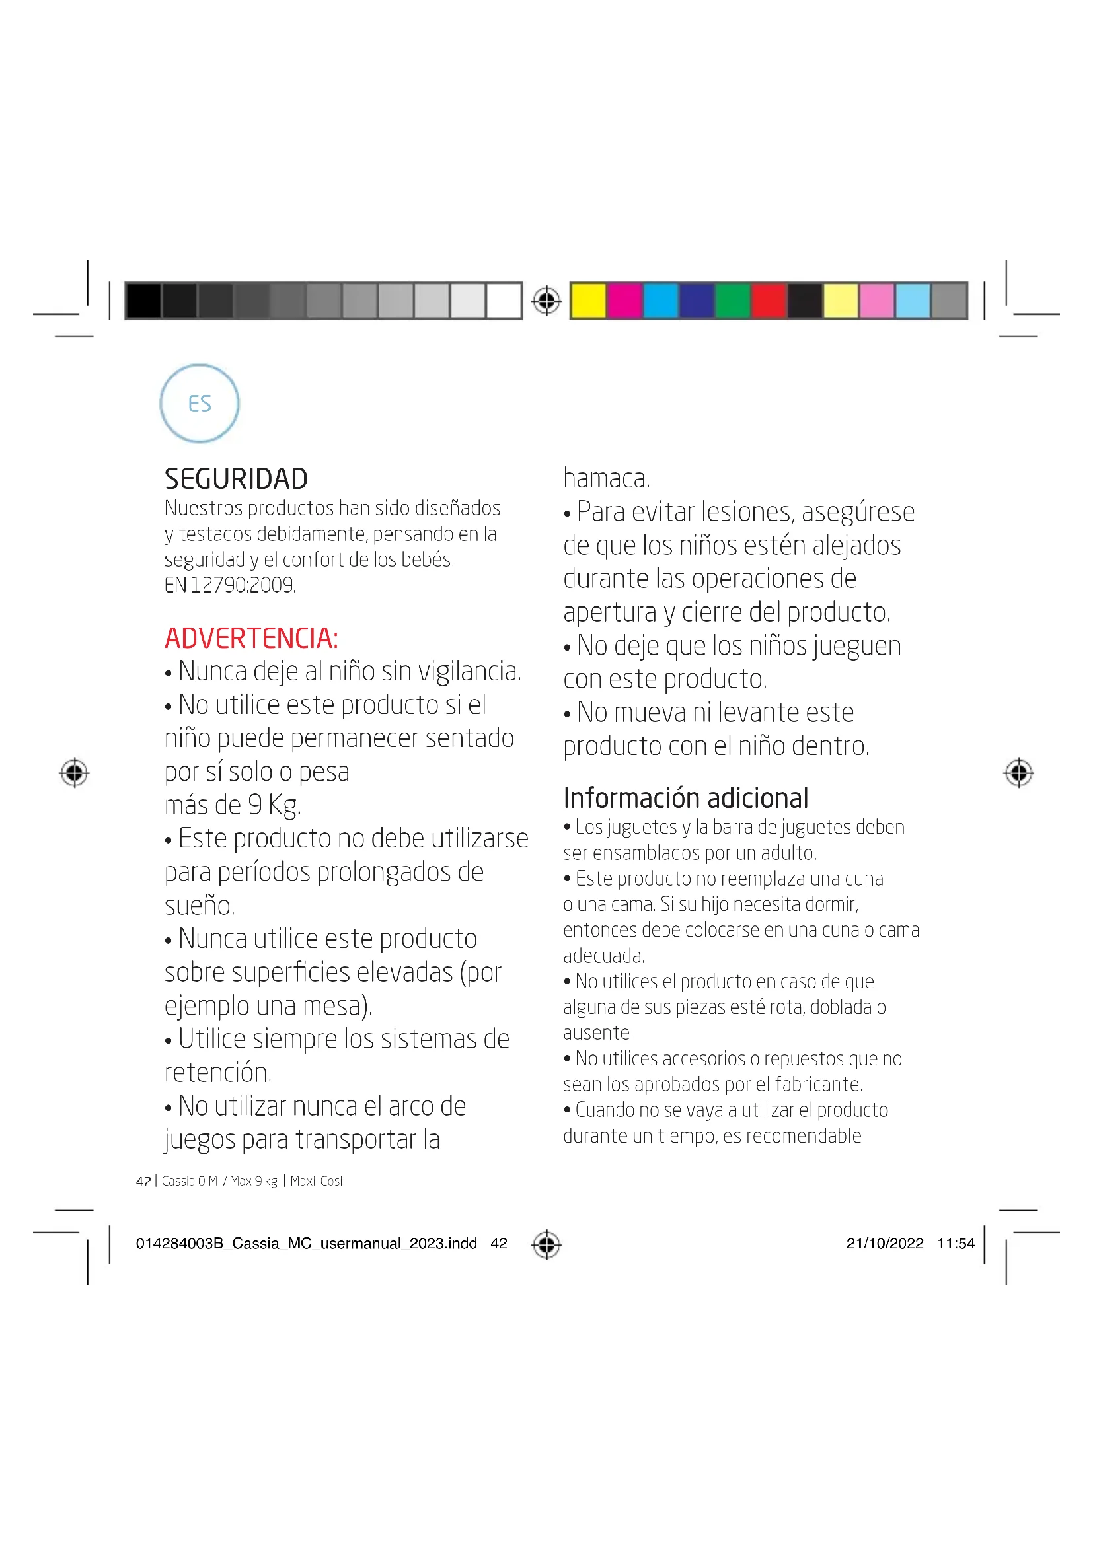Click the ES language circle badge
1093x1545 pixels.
(199, 403)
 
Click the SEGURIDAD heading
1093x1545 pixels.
(235, 478)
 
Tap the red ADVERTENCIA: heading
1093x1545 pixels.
(251, 638)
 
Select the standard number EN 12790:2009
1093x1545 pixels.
(230, 585)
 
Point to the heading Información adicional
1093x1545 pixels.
(685, 798)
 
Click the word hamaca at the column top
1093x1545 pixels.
(605, 478)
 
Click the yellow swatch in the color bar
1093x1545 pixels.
(587, 300)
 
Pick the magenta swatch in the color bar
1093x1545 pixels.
(624, 300)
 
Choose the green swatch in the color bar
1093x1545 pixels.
(732, 300)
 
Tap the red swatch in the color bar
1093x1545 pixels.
(769, 300)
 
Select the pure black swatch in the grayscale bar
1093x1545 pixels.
(143, 300)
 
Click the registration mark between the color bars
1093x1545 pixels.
(546, 300)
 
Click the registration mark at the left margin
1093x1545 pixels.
(74, 773)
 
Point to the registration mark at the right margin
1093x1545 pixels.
(1018, 773)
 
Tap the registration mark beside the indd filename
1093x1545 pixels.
(546, 1244)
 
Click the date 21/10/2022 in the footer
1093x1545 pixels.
(884, 1244)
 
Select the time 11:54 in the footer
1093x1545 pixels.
(955, 1244)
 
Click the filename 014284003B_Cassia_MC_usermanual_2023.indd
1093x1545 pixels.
(306, 1244)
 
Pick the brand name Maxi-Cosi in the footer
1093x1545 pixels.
(317, 1181)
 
